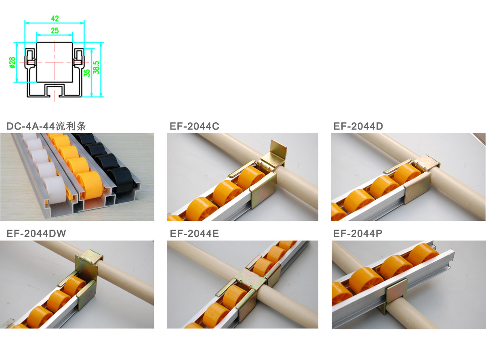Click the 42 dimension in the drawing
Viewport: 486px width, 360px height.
(x=55, y=19)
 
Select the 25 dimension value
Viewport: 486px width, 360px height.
(x=55, y=30)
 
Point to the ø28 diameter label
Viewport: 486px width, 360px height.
(x=13, y=63)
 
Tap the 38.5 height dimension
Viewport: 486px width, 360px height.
(x=96, y=67)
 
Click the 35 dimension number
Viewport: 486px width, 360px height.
(x=87, y=73)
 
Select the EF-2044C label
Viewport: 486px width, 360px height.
(x=194, y=126)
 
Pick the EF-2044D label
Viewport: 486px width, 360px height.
(x=358, y=126)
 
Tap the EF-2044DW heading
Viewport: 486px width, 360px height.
(x=36, y=233)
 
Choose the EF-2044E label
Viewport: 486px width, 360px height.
(x=194, y=233)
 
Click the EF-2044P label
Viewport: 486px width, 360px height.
(x=358, y=233)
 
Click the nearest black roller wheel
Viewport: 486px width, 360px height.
(x=120, y=180)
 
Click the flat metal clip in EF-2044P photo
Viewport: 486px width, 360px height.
(x=397, y=290)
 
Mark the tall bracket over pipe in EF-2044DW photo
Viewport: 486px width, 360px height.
(x=88, y=266)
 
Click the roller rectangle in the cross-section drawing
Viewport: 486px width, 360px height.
(x=55, y=62)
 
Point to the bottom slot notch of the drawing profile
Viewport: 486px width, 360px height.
(x=55, y=90)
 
